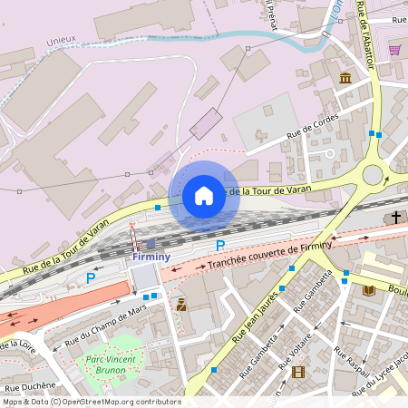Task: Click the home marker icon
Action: [x=204, y=196]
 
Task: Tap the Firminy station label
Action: [x=151, y=257]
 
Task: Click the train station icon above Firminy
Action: [x=151, y=244]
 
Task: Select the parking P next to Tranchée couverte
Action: [x=219, y=246]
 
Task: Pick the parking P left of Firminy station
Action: [x=90, y=278]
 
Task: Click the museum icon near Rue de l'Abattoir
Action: [x=345, y=79]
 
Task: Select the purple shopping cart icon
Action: [x=394, y=49]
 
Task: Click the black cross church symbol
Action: [x=396, y=218]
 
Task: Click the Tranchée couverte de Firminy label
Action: [x=270, y=254]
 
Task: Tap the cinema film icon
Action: [x=298, y=371]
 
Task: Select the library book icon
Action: [x=368, y=290]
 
